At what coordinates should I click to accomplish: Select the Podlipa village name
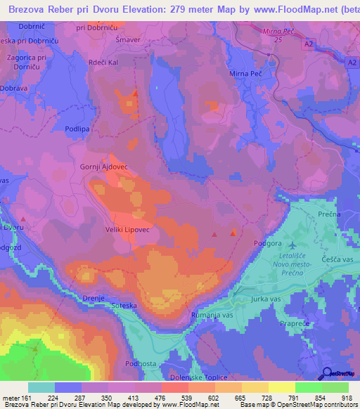76,129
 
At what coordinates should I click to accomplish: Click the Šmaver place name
127,40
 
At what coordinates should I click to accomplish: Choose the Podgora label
266,242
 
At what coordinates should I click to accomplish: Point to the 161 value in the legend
26,398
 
